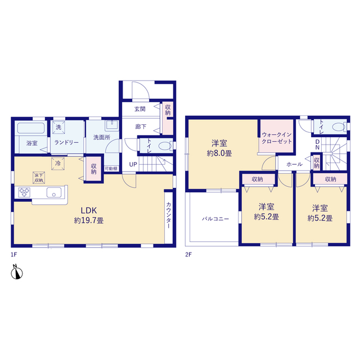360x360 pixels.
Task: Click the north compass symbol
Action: tap(17, 272)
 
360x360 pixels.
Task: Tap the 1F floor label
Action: tap(13, 255)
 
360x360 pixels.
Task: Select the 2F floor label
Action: tap(188, 255)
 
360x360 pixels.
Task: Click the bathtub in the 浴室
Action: tap(31, 128)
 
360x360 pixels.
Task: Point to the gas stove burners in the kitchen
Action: tap(24, 192)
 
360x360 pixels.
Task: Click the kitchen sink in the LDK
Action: tap(54, 192)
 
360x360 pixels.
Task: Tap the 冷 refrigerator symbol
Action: tap(58, 164)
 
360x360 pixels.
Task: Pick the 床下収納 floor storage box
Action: tap(39, 178)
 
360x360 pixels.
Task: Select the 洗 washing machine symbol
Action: tap(58, 127)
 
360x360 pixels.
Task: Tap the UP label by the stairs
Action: tap(133, 164)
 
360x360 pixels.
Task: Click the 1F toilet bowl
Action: tap(165, 146)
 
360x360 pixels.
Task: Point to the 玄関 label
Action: tap(140, 109)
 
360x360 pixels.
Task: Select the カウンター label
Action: tap(169, 215)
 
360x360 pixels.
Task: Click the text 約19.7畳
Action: tap(89, 220)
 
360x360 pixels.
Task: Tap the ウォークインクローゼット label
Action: tap(277, 138)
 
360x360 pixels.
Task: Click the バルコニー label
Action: tap(215, 219)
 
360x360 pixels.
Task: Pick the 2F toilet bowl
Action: tap(339, 127)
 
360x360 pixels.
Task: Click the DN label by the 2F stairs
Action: tap(317, 145)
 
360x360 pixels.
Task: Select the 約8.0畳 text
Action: tap(219, 153)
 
